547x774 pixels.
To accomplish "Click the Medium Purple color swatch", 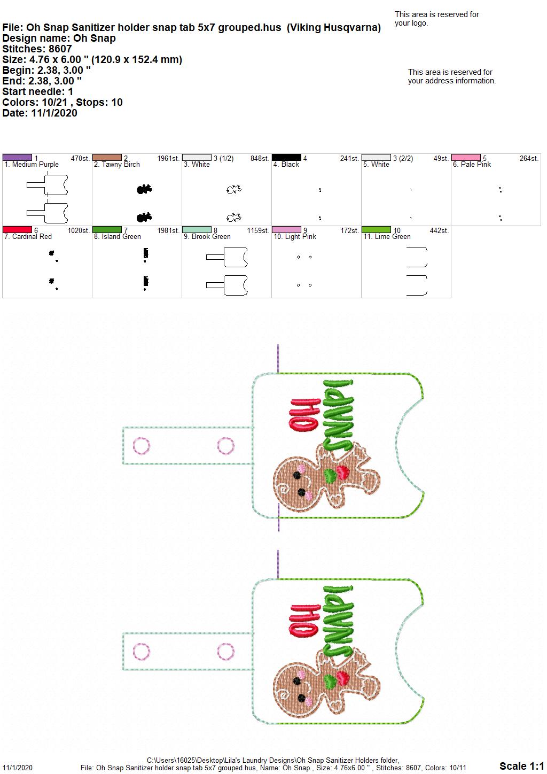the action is coord(17,157).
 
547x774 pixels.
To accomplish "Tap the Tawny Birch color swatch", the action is coord(107,157).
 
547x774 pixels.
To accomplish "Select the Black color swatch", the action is coord(287,157).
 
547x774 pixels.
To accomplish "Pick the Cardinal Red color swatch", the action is coord(17,229).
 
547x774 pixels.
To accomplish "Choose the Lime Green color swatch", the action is coord(377,229).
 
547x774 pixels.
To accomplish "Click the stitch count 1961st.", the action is coord(168,158).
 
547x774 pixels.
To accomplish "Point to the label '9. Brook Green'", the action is coord(207,236).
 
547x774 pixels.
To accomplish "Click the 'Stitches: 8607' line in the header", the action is coord(37,49).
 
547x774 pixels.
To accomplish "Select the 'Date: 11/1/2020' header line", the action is coord(40,113).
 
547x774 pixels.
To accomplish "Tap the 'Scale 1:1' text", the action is coord(521,765).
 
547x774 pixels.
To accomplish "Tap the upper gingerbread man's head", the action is coord(293,483).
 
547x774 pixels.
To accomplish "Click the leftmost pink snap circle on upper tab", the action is coord(142,446).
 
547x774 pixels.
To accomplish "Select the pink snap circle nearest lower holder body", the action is coord(226,652).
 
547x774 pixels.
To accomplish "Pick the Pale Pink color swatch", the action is coord(466,157).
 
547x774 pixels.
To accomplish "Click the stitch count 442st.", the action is coord(439,230).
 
